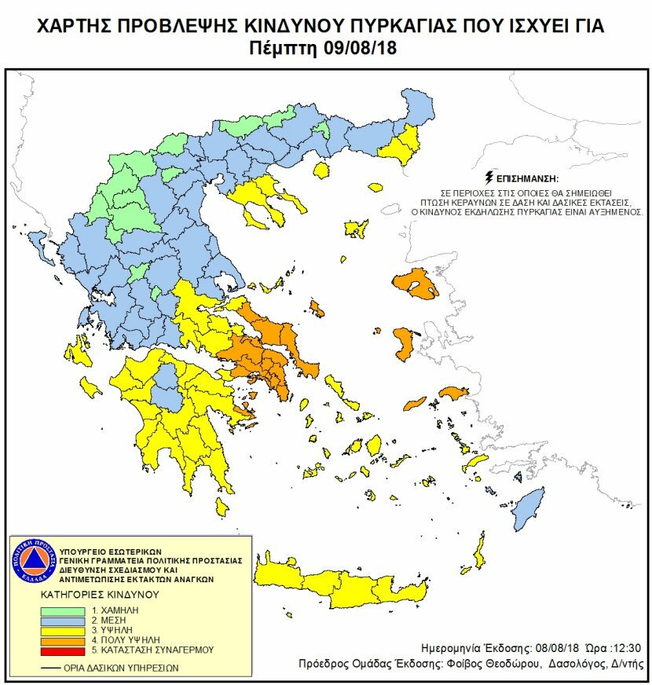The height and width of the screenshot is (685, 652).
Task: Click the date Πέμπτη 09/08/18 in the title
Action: [x=325, y=47]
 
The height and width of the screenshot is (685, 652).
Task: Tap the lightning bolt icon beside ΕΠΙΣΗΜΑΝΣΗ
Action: [x=490, y=177]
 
